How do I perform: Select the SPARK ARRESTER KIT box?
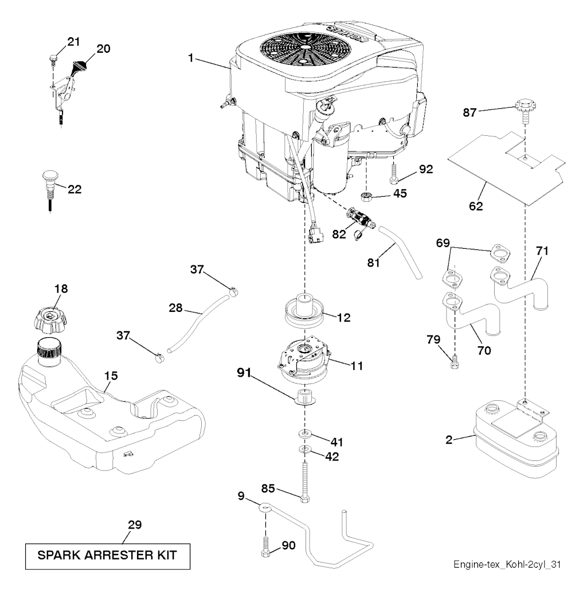tap(107, 556)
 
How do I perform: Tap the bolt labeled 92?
tap(394, 172)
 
